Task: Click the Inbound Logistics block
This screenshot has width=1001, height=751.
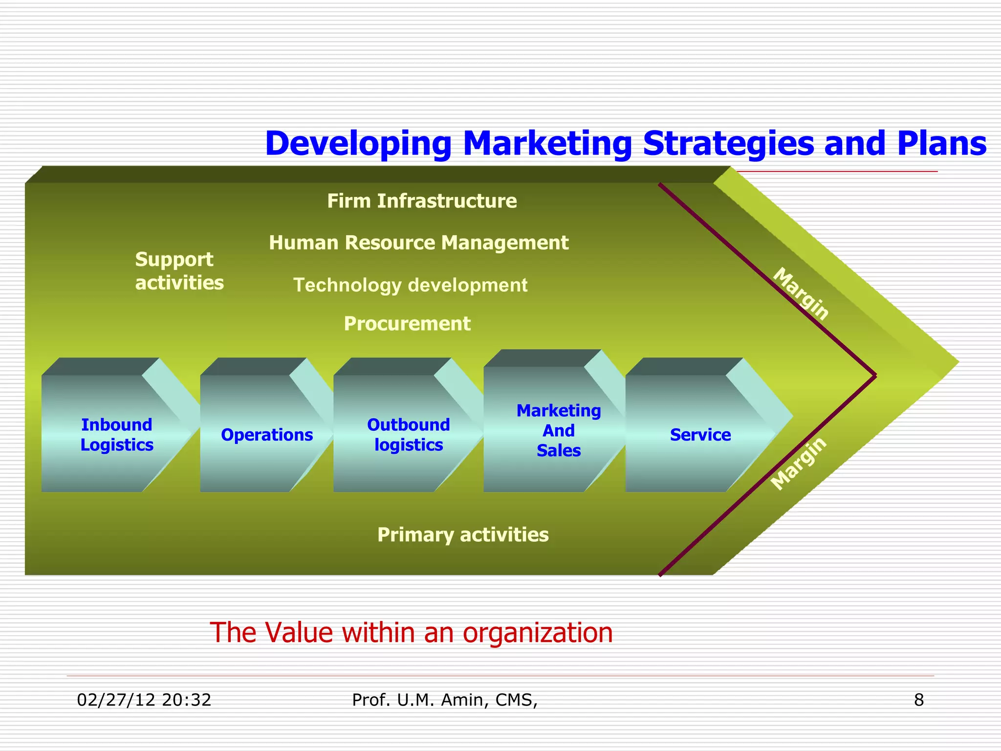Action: tap(116, 435)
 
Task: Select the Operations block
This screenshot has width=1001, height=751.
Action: tap(266, 435)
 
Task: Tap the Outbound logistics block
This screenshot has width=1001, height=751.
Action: tap(408, 435)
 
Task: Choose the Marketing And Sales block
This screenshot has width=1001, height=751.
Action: tap(558, 430)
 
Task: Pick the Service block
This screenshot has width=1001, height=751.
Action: tap(700, 435)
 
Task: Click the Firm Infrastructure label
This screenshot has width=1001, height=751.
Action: tap(422, 201)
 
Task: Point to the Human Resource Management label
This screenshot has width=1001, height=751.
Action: tap(418, 243)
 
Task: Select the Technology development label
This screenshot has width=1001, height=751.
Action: tap(410, 285)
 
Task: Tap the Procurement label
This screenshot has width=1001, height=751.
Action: tap(407, 324)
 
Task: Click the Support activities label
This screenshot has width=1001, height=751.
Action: tap(179, 271)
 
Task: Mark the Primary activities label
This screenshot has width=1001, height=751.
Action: tap(463, 535)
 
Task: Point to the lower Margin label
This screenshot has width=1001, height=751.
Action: tap(799, 463)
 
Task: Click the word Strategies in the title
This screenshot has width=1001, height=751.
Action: tap(729, 143)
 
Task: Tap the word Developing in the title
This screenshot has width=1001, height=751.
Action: tap(358, 143)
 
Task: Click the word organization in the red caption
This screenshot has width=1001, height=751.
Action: tap(538, 633)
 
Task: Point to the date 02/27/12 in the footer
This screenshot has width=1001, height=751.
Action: tap(115, 700)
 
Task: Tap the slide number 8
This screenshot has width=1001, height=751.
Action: tap(919, 700)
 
